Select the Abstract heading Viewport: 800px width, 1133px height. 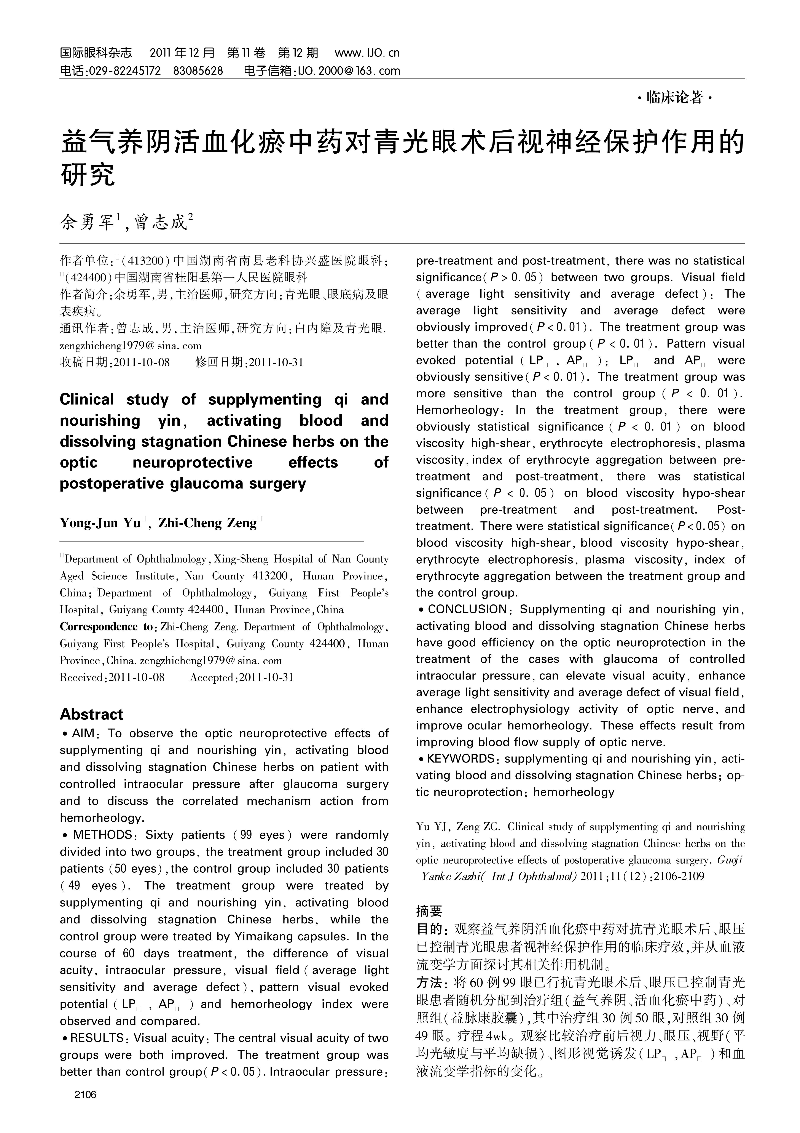91,714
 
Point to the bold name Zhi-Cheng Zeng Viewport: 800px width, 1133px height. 207,522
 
